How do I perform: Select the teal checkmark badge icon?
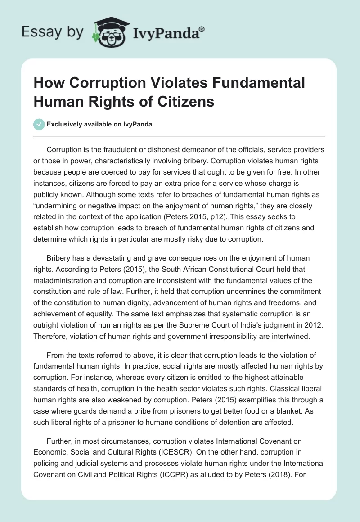[39, 124]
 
